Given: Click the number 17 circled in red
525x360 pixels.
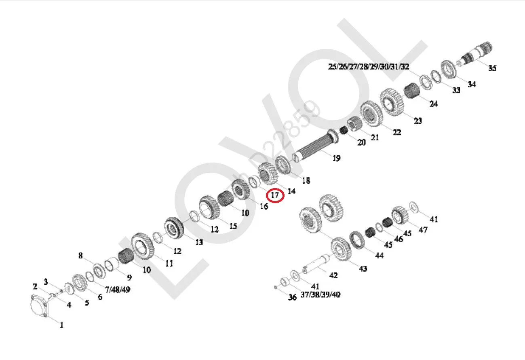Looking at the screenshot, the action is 275,195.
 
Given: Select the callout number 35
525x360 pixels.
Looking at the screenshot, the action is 492,68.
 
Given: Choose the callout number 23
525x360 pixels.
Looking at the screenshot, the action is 418,121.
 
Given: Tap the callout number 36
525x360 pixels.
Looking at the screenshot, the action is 293,297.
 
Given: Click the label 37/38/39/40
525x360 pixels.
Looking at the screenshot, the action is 320,294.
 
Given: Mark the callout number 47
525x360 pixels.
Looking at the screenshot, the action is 423,230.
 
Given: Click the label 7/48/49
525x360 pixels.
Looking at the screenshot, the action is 118,290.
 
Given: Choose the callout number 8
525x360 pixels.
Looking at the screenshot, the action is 80,255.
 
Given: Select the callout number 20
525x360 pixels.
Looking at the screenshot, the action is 361,142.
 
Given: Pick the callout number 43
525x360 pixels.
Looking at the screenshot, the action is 363,268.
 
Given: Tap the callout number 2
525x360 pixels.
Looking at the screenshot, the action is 35,287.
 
